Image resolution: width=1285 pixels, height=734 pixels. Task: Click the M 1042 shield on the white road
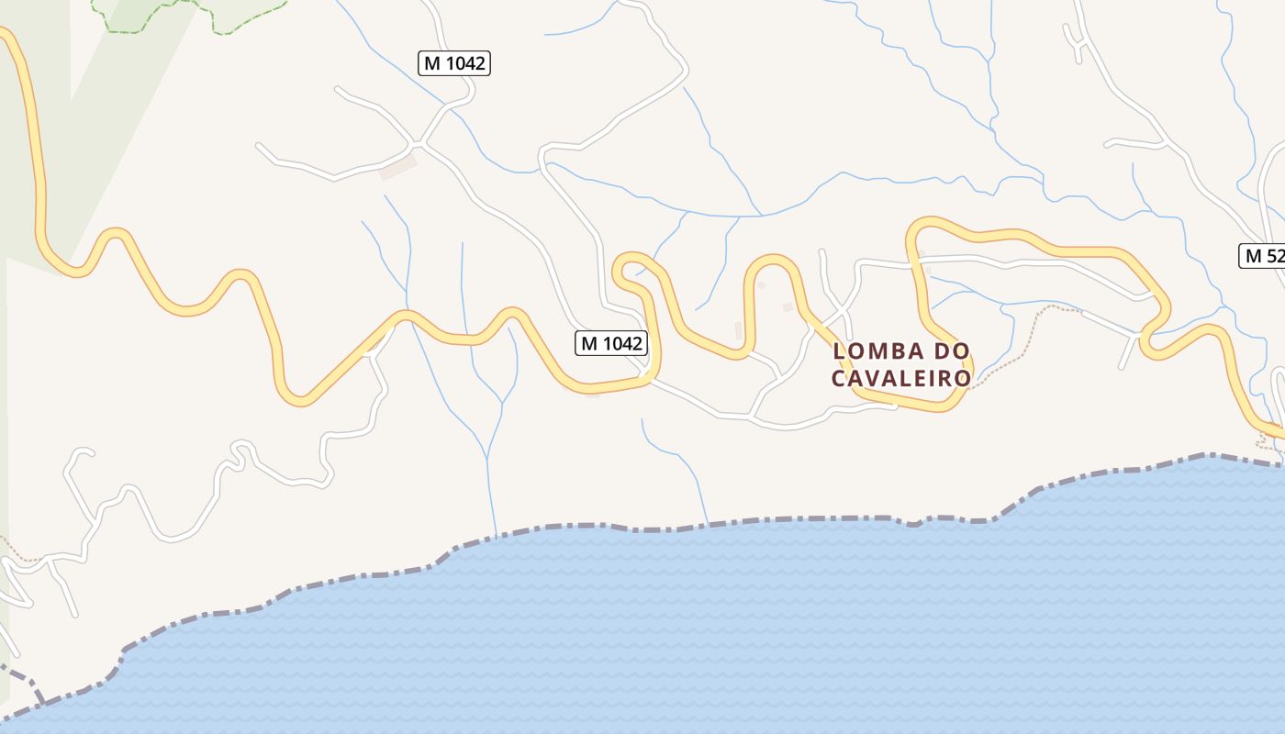click(x=454, y=63)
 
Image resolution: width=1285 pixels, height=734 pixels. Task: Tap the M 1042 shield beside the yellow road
click(x=611, y=343)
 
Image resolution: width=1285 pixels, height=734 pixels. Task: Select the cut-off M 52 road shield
click(x=1263, y=256)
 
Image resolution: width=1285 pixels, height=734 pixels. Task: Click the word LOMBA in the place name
click(x=875, y=351)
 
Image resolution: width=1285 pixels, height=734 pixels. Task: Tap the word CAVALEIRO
click(x=900, y=378)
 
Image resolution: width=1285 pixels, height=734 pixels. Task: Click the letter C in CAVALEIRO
click(x=839, y=378)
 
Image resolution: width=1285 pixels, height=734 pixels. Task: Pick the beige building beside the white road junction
click(x=398, y=168)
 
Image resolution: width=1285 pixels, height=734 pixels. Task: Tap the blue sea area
click(x=734, y=633)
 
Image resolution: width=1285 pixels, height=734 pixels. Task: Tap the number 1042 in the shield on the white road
click(x=464, y=63)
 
